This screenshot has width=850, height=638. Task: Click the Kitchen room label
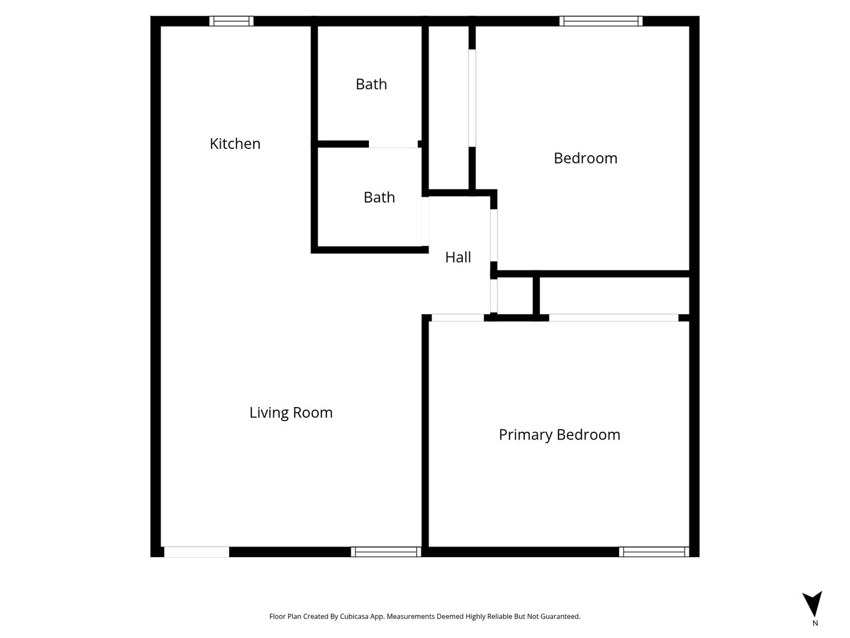(x=235, y=144)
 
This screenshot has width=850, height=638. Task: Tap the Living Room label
(x=291, y=412)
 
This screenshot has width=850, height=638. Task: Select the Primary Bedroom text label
(x=559, y=435)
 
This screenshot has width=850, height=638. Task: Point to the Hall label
(x=457, y=257)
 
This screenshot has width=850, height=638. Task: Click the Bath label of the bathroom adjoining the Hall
(x=379, y=197)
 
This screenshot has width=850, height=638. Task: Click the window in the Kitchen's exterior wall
(x=231, y=21)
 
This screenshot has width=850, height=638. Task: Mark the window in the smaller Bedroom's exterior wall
(x=601, y=21)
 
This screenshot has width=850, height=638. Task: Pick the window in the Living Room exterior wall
(x=385, y=552)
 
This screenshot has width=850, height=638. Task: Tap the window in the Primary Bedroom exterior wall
(x=653, y=552)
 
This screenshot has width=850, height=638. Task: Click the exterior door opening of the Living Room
(x=197, y=552)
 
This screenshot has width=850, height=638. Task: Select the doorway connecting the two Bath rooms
(x=393, y=144)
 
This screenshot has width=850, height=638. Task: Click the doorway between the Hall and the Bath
(x=425, y=221)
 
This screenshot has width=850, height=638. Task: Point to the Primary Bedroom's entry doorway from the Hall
(x=457, y=318)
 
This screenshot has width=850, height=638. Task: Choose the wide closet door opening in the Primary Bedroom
(x=613, y=318)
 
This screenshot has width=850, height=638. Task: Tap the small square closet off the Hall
(x=515, y=295)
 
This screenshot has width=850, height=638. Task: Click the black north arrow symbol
(x=812, y=604)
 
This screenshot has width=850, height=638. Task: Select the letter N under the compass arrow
(x=815, y=623)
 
